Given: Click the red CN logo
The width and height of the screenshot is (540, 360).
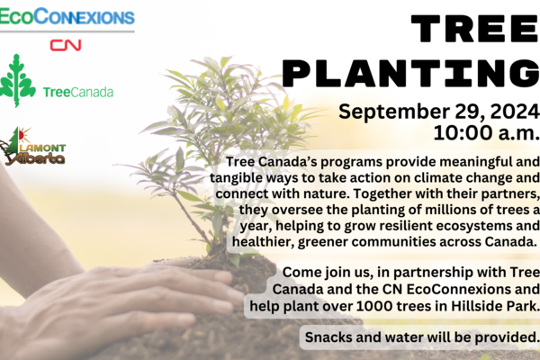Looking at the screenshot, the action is click(x=66, y=45).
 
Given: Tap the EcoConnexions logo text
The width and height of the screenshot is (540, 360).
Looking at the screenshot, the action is click(x=67, y=16).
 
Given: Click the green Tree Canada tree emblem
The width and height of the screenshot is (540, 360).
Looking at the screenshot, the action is click(x=17, y=81).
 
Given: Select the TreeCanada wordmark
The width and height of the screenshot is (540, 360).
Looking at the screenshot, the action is click(x=78, y=93).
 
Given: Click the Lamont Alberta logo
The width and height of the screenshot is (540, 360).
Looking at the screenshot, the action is click(x=32, y=147).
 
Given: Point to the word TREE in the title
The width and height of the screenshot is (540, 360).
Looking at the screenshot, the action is click(x=475, y=29).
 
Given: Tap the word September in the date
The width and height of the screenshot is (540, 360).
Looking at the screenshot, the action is click(x=394, y=112).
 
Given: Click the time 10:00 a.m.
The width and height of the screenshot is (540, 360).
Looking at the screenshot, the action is click(x=486, y=132).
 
